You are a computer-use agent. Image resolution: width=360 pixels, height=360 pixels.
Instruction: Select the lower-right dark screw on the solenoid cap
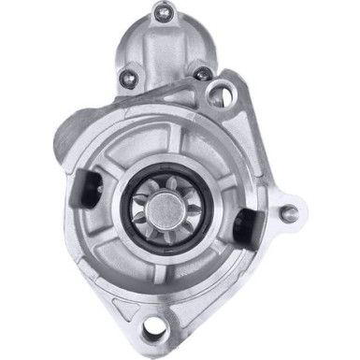201,73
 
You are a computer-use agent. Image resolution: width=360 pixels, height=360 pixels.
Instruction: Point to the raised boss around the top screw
168,13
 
